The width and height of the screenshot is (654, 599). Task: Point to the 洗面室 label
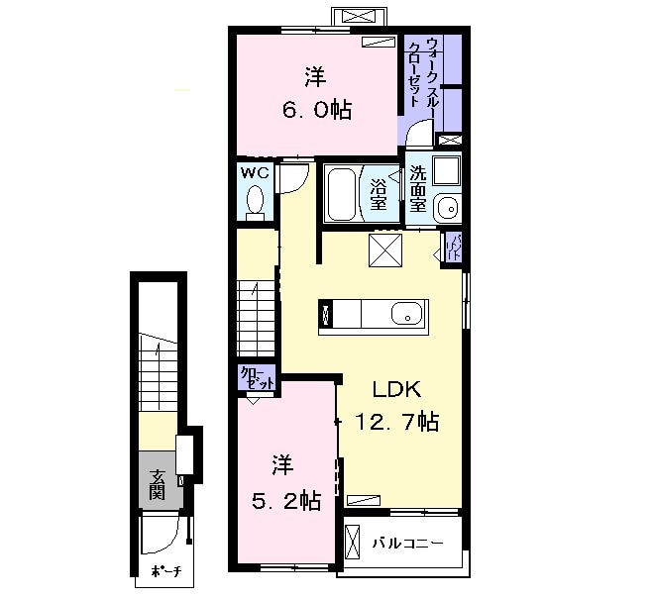418,189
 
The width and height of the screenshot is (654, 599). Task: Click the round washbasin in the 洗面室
447,208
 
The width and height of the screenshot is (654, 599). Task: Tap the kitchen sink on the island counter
406,317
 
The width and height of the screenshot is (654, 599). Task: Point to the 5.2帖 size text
284,501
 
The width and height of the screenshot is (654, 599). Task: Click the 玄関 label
158,484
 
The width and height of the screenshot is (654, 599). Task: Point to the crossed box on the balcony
353,544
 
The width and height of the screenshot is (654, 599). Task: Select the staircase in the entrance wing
159,371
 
